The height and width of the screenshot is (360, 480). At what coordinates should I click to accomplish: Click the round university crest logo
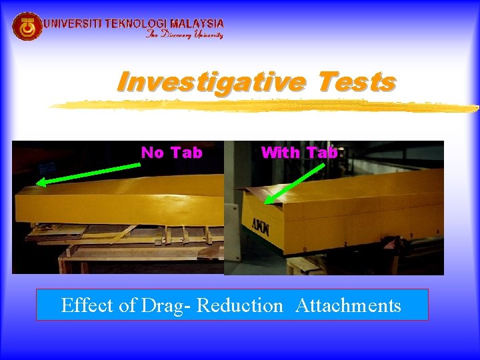tap(27, 27)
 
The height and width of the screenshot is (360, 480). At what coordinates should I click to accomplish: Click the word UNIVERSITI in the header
tap(73, 23)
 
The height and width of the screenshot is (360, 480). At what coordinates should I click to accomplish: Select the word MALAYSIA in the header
tap(197, 23)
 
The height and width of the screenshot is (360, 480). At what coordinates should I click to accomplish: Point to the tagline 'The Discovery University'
tap(185, 35)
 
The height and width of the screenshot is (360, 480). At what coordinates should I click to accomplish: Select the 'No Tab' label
tap(171, 153)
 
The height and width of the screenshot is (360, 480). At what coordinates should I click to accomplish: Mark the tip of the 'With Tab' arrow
tap(265, 203)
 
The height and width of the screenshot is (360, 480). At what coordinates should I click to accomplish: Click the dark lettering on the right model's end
tap(261, 225)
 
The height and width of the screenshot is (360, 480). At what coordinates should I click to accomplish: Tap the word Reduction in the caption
tap(240, 305)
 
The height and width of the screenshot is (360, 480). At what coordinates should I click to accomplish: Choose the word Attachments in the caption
tap(348, 305)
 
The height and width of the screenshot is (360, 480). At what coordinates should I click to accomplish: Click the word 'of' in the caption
tap(128, 305)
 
